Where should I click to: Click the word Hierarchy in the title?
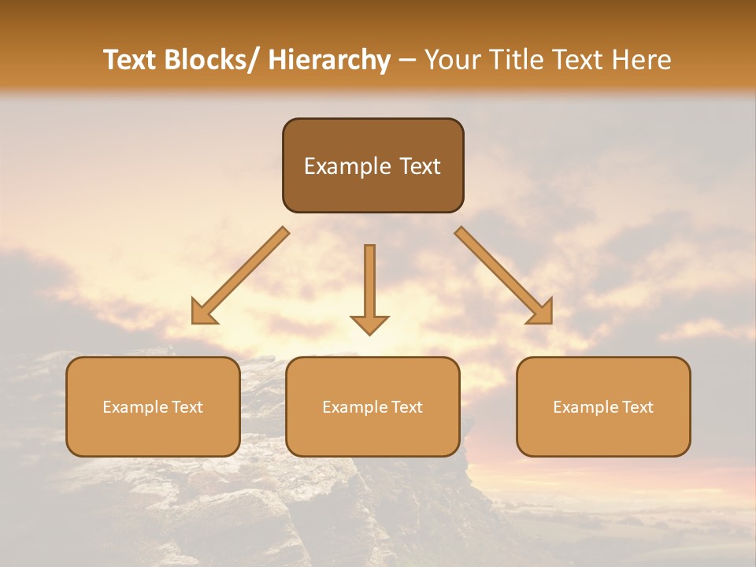coord(329,60)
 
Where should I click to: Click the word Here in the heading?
coord(642,60)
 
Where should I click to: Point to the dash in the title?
coord(407,61)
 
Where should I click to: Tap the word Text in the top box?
coord(419,166)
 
